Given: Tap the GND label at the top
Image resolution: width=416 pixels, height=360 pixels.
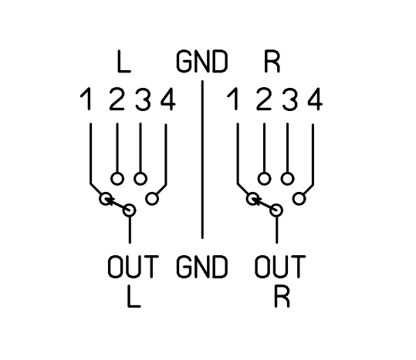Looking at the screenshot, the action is pos(202,62).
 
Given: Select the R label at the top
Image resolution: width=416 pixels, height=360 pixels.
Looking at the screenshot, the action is pos(272,62).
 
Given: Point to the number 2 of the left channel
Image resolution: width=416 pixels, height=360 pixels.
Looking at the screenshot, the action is pos(117,99).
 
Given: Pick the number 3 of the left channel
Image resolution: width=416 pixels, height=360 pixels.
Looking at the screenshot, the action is pos(144,99).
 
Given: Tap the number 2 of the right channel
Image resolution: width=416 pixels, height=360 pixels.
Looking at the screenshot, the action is pos(264,99).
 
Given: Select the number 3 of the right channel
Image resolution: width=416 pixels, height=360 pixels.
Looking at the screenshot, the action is pos(290,99).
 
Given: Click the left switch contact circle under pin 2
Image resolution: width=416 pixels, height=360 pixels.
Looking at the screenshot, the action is pos(117,173).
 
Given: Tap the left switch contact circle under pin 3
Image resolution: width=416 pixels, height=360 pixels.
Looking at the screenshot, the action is pos(140,173).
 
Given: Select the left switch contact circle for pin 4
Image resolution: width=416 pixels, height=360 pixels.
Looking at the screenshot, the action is pos(152,192).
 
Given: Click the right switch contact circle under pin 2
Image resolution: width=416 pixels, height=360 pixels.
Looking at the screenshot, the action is pos(264,173).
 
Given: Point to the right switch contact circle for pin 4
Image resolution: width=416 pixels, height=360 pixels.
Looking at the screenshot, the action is pos(299,192).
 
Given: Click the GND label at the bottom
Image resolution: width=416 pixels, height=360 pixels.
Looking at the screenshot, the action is pos(202,267).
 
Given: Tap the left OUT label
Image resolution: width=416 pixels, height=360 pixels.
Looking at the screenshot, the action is pos(134,267).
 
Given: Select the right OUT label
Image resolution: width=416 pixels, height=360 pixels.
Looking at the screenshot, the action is pos(280,267).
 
